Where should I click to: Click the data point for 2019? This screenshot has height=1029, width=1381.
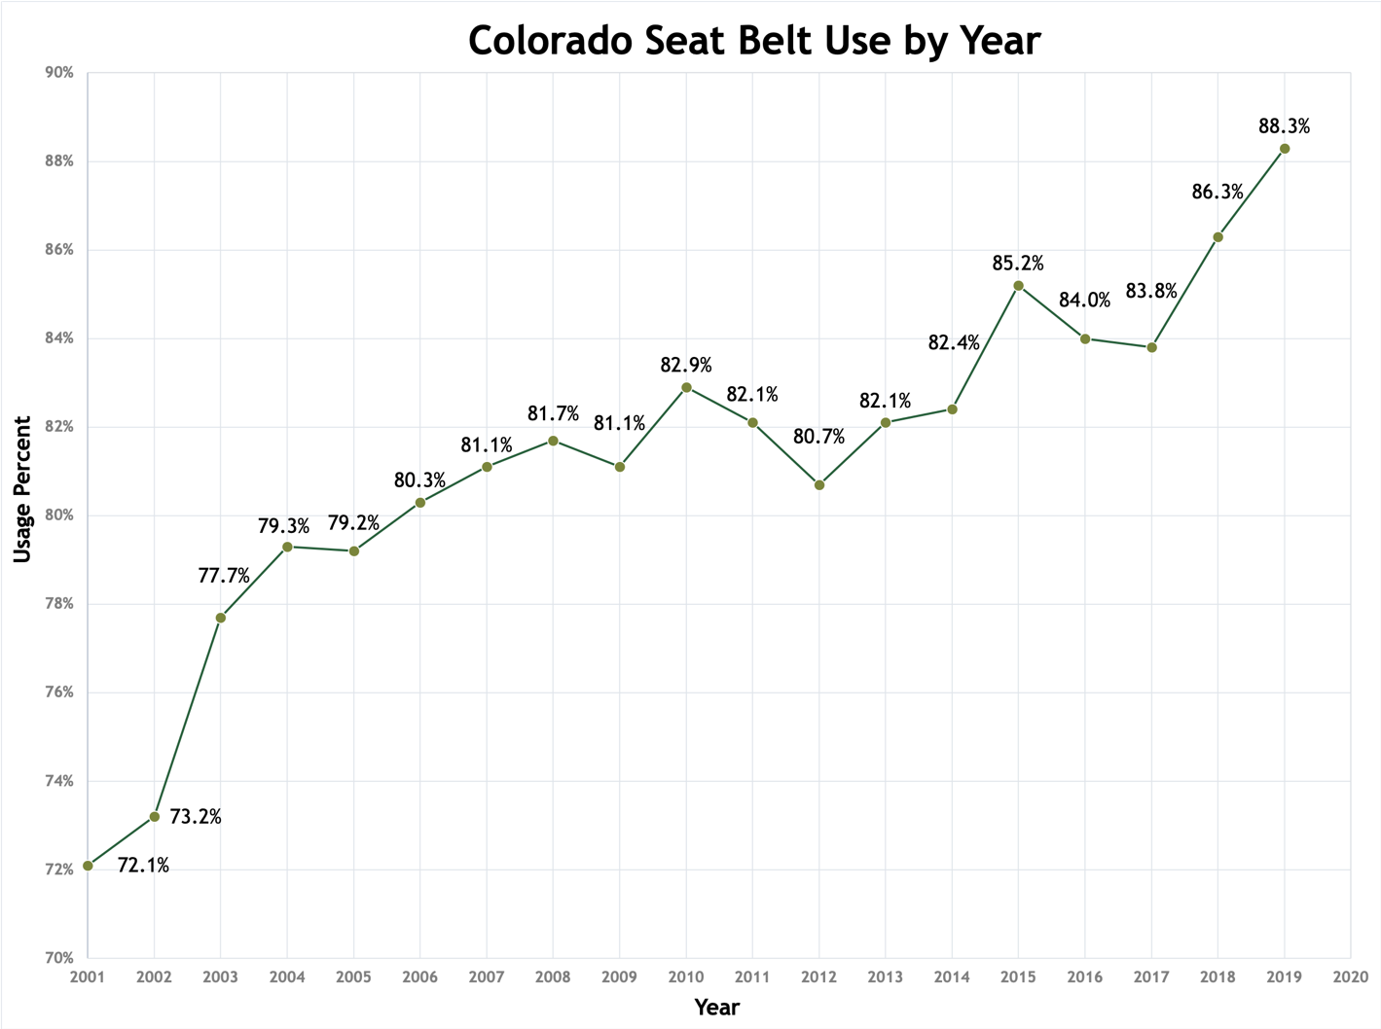1285,149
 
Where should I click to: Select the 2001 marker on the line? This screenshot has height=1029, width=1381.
89,866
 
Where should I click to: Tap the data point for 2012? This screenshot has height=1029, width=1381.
819,484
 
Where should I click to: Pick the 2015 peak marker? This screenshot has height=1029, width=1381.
1018,286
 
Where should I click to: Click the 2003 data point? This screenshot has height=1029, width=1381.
221,618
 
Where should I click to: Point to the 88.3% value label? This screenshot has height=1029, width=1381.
1284,126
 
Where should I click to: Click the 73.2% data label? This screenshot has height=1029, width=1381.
196,817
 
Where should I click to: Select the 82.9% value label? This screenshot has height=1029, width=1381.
686,366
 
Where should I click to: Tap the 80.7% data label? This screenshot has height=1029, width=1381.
818,437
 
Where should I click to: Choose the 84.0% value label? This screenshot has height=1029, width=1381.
1084,301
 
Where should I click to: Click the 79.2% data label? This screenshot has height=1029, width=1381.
353,523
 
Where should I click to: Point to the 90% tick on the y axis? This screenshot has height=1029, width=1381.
58,73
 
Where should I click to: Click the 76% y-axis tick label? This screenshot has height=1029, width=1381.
58,692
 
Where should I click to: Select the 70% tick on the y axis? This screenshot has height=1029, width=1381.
58,958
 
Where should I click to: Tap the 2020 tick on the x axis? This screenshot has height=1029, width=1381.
1351,977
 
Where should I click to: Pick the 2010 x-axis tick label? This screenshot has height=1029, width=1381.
686,977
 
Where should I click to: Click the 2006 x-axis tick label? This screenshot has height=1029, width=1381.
419,977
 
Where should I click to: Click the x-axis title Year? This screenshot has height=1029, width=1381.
717,1008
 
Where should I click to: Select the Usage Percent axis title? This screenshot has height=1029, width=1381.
22,489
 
